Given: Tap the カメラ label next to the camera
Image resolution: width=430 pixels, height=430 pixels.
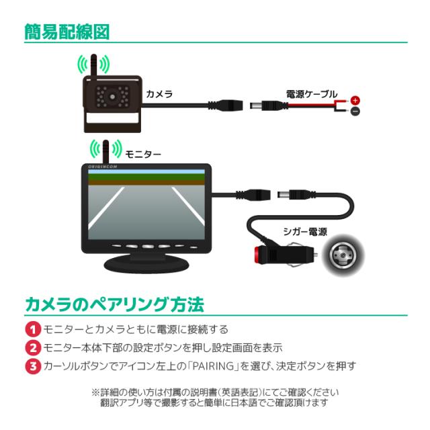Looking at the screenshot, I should pos(159,94).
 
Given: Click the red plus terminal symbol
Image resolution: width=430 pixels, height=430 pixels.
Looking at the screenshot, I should pos(355,100).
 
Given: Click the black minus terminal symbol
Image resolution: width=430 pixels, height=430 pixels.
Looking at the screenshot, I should pos(355,112).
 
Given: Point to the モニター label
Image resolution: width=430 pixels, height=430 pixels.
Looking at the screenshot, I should pos(143,154).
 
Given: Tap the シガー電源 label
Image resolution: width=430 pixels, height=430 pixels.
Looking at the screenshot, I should pos(305,231).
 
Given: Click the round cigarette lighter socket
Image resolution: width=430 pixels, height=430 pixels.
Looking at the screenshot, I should pos(343,259).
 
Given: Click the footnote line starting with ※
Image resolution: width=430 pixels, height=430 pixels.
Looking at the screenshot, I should pos(214,392).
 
